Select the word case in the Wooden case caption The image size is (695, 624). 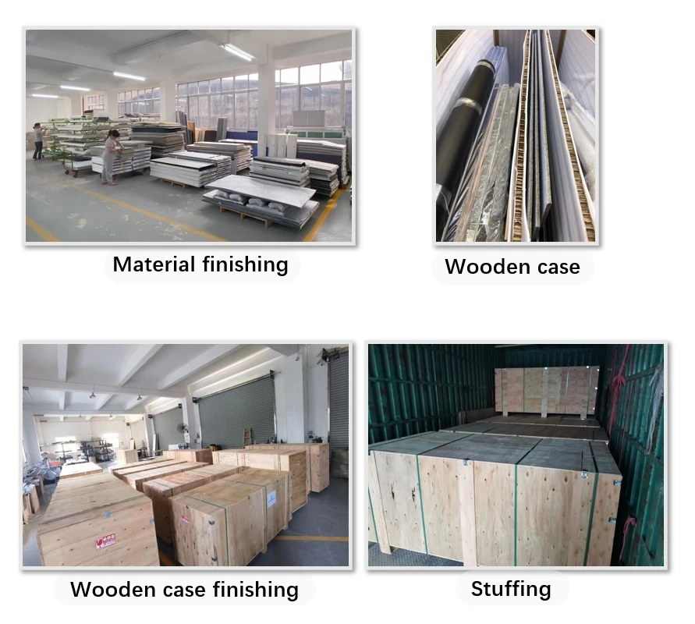point(555,267)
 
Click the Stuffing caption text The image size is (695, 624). point(510,589)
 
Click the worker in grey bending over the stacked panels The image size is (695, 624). point(112,157)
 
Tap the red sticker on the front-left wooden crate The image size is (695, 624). point(105,541)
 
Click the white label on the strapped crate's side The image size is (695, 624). point(271,499)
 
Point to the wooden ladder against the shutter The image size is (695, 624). point(248,436)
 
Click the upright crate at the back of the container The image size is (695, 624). point(546,391)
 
